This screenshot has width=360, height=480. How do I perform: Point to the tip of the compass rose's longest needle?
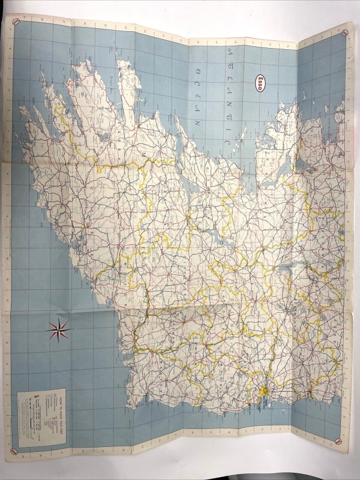click(73, 328)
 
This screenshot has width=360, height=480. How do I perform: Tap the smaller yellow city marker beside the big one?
click(310, 392)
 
